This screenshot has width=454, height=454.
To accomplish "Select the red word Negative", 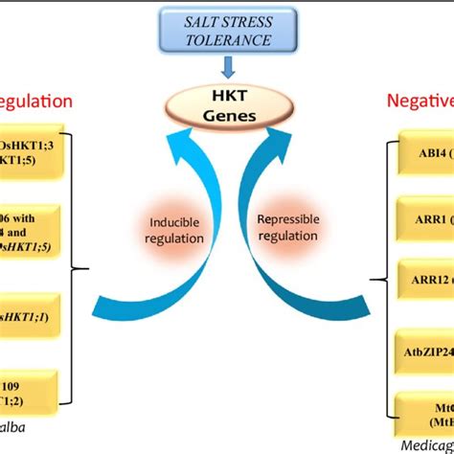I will (419, 100).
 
